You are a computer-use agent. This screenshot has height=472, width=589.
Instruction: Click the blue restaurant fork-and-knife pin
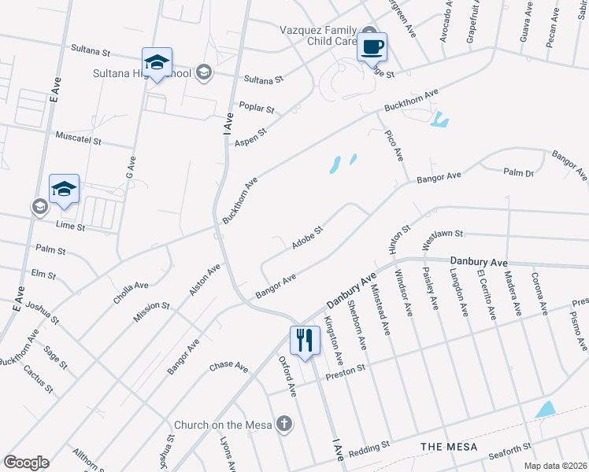pyautogui.click(x=305, y=341)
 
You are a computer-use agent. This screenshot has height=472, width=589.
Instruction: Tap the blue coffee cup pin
pyautogui.click(x=372, y=46)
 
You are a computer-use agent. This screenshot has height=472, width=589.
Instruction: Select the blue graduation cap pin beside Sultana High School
pyautogui.click(x=157, y=63)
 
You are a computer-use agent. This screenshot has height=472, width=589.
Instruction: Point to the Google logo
pyautogui.click(x=26, y=463)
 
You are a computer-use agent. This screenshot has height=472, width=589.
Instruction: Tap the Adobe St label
pyautogui.click(x=308, y=238)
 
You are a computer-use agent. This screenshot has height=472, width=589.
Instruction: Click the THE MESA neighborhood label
pyautogui.click(x=449, y=447)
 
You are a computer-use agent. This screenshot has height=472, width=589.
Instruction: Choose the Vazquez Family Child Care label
pyautogui.click(x=319, y=35)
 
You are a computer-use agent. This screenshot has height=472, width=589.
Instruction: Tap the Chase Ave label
pyautogui.click(x=229, y=367)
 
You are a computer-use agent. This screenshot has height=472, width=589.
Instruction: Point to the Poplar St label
pyautogui.click(x=257, y=108)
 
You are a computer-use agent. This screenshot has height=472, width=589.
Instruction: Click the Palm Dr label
pyautogui.click(x=519, y=173)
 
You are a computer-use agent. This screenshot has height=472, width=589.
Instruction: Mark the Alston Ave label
pyautogui.click(x=204, y=279)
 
